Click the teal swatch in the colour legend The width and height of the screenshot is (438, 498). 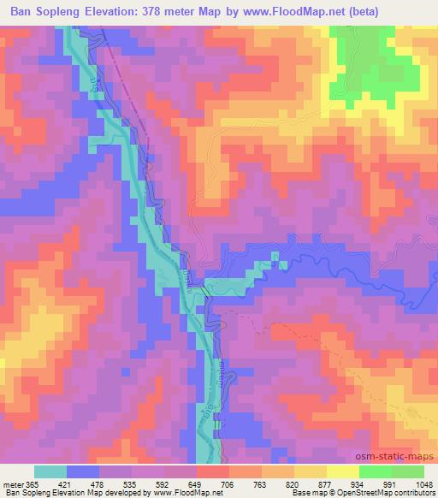(50, 471)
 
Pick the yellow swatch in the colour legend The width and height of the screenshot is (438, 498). (343, 471)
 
